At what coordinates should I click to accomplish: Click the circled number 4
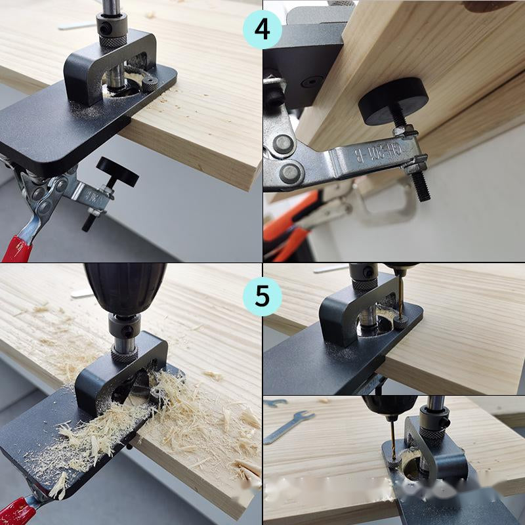tap(262, 30)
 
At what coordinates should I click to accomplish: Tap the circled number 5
tap(262, 297)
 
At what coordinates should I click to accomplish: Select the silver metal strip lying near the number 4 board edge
tap(76, 26)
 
